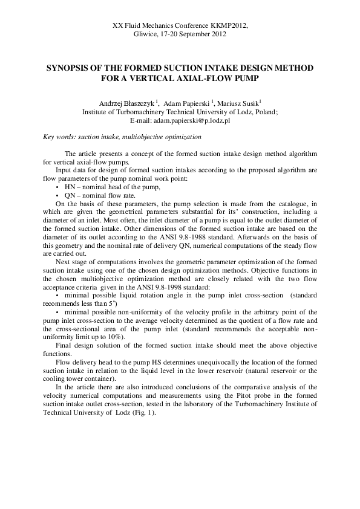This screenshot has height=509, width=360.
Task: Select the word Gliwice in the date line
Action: (145, 34)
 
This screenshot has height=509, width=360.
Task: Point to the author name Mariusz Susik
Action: (234, 103)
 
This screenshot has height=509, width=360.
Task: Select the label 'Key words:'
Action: (60, 137)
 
